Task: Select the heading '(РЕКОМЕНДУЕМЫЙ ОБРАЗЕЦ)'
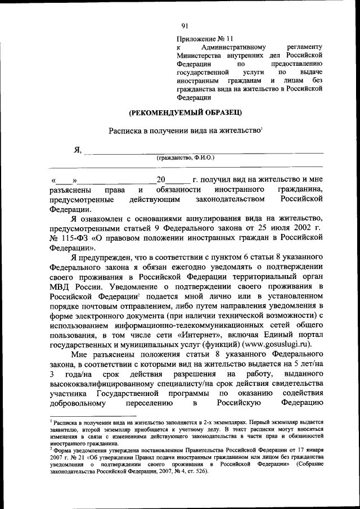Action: point(178,112)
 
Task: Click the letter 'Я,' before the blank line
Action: point(78,150)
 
